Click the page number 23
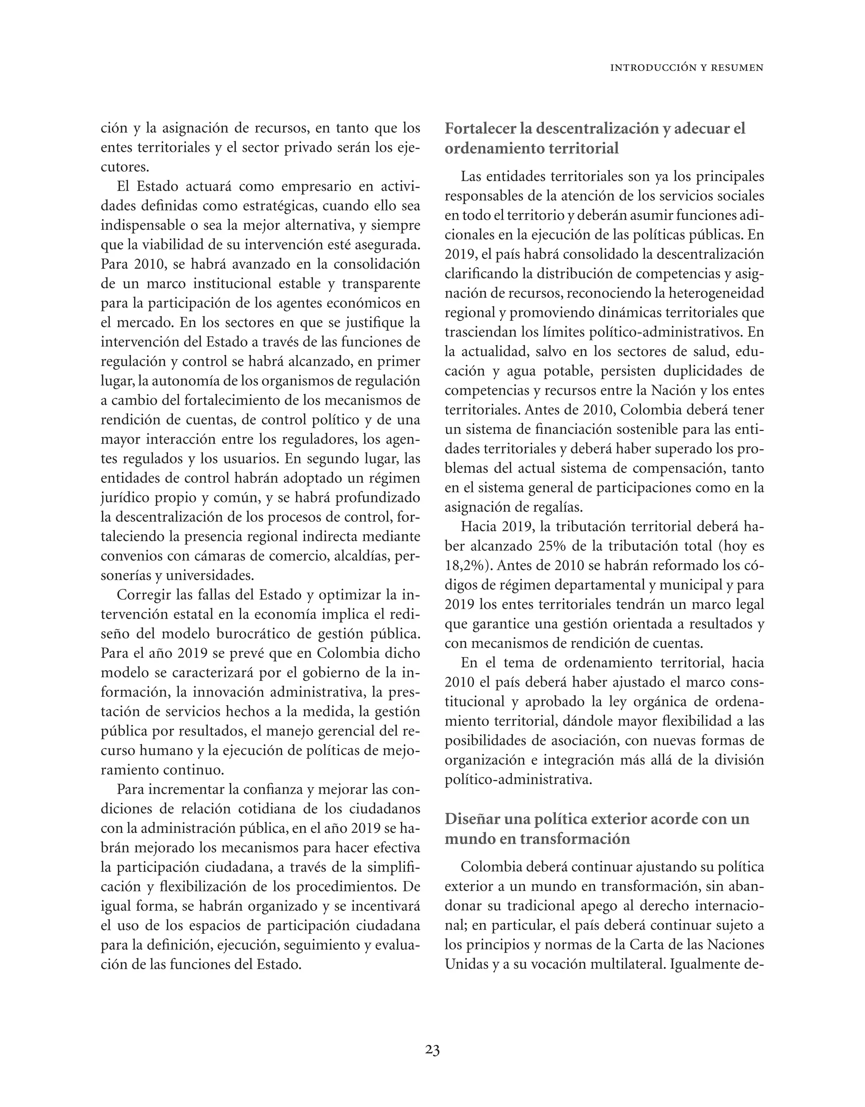(432, 1050)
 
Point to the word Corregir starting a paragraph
(142, 595)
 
